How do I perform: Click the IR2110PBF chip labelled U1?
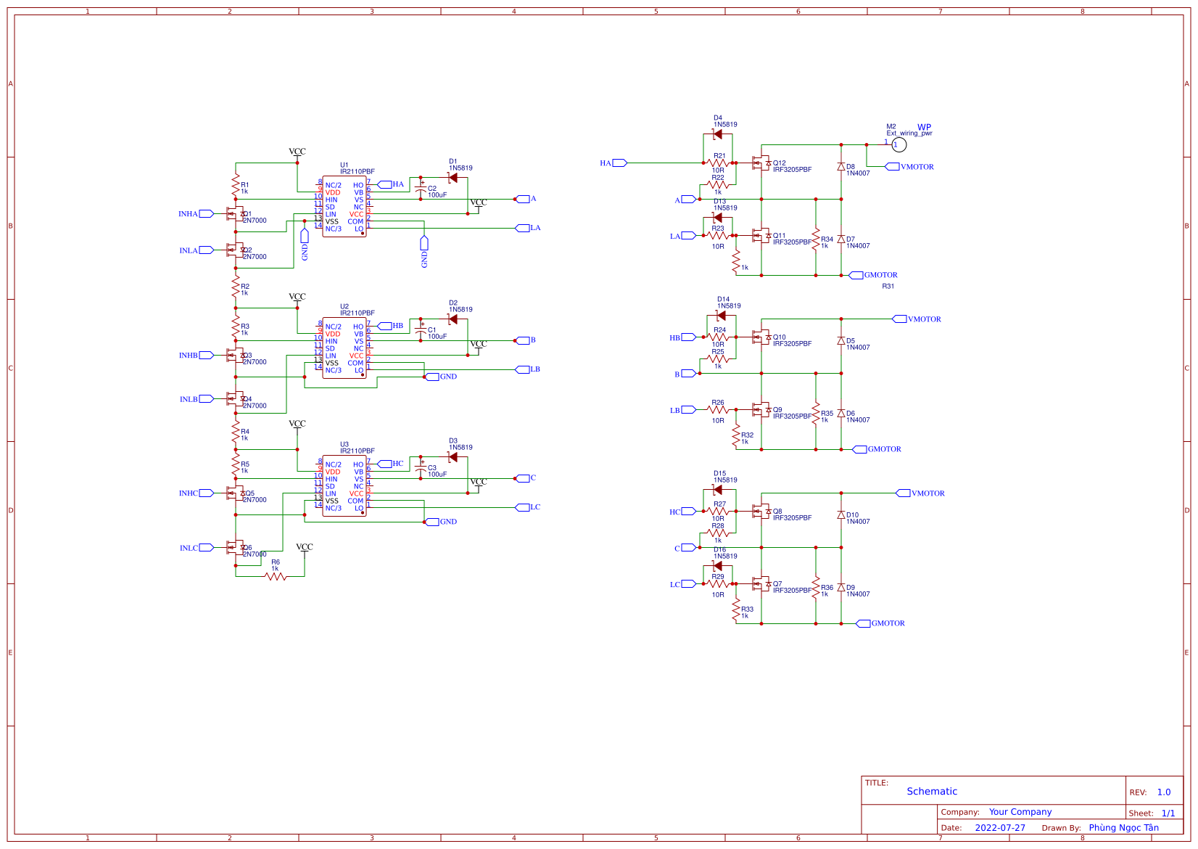coord(344,206)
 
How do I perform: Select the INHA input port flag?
coord(206,214)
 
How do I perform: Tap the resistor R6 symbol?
coord(276,577)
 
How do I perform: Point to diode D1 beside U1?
coord(453,178)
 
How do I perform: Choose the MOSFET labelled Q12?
coord(761,163)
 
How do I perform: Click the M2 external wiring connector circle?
coord(898,145)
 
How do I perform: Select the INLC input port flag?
coord(206,548)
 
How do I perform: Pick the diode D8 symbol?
coord(841,167)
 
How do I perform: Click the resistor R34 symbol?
coord(816,239)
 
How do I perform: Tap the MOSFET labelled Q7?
coord(761,584)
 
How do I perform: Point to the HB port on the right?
coord(688,337)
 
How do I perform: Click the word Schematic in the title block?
coord(932,792)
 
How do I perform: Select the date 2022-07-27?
coord(1000,828)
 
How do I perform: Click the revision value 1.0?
coord(1164,792)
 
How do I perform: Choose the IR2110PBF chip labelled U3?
coord(344,485)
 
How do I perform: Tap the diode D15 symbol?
coord(718,490)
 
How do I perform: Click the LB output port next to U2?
coord(522,369)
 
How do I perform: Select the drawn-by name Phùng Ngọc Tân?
coord(1123,828)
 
